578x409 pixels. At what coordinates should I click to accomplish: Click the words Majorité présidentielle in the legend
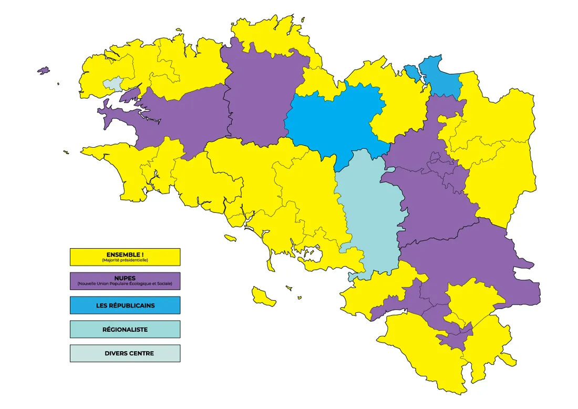pos(125,260)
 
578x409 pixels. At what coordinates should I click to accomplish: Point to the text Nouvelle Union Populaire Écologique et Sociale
pos(125,284)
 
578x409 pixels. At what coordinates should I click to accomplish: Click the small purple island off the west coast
pos(43,70)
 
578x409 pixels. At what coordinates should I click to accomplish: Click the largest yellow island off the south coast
pos(263,296)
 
